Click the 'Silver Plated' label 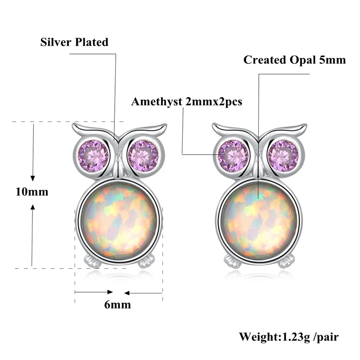(74, 42)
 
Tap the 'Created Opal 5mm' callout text (295, 60)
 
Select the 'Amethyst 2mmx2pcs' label (186, 102)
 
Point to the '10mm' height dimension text (32, 192)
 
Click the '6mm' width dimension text (117, 305)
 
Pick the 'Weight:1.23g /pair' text (289, 337)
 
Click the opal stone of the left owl (119, 222)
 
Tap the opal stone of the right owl (259, 222)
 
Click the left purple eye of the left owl (94, 156)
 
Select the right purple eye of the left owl (143, 156)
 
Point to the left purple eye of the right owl (234, 156)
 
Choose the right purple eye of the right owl (283, 156)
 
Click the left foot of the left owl (92, 261)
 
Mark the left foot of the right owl (232, 261)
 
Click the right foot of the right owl (286, 261)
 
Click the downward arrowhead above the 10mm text (32, 178)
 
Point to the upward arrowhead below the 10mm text (32, 207)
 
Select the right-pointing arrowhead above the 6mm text (110, 292)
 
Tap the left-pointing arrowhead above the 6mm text (127, 293)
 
